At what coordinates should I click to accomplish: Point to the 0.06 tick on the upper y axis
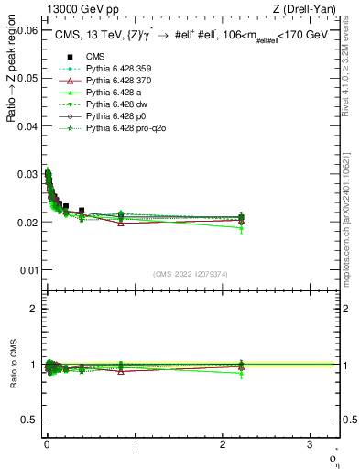point(27,30)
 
